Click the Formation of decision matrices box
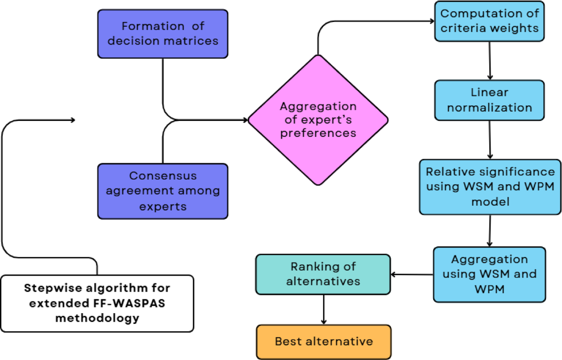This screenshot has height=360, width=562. pos(163,34)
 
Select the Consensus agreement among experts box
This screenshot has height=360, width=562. pos(163,191)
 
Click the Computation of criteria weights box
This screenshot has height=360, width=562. pos(489,21)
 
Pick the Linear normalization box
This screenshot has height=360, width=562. pos(489,100)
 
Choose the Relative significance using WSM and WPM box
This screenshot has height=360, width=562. pos(490,187)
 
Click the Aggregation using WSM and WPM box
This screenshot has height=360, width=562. pos(489,274)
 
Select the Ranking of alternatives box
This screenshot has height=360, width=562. pos(323,274)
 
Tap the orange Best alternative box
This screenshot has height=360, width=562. pos(324,341)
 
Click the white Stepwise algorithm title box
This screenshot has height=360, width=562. pos(97,303)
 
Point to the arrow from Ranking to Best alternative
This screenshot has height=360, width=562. pos(323,309)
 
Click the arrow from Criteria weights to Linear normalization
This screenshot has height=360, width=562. pos(490,60)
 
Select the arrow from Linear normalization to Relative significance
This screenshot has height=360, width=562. pos(490,140)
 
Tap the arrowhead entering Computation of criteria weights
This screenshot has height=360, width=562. pos(432,21)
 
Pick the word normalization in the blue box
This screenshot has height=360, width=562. pos(489,107)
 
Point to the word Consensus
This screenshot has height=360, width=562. pos(163,176)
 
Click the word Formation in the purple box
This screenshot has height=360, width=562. pos(142,26)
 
